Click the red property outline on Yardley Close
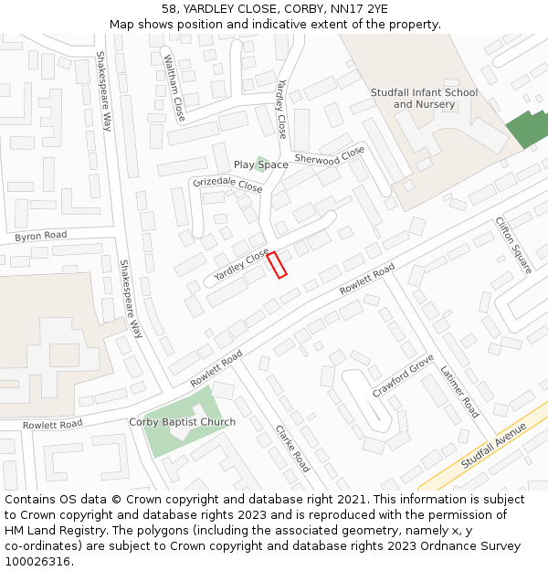(x=277, y=264)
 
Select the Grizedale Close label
(x=227, y=185)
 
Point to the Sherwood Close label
(x=330, y=156)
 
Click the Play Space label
(x=260, y=165)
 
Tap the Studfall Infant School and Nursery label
(x=424, y=99)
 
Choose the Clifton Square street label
(x=513, y=245)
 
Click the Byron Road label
(x=41, y=237)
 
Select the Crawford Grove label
(x=403, y=376)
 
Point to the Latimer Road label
(x=458, y=392)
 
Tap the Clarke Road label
(x=293, y=448)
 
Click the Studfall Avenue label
(x=494, y=445)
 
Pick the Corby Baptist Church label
(x=182, y=422)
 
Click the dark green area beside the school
(x=527, y=130)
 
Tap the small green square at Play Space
(x=261, y=164)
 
